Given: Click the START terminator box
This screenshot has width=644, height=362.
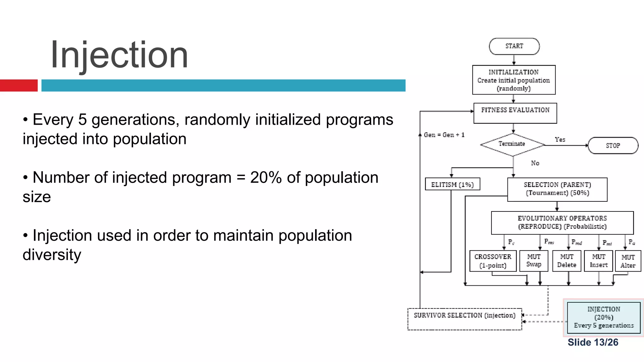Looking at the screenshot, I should click(x=514, y=47).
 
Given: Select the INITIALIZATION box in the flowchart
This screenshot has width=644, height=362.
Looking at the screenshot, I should click(x=514, y=80).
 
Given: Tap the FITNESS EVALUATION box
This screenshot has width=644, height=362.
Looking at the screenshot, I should click(x=515, y=113).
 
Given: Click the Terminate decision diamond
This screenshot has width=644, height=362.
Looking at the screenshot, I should click(x=512, y=145).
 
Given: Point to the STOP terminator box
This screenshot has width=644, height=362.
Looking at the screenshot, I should click(x=613, y=145).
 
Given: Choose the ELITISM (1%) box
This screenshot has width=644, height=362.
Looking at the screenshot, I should click(x=452, y=184).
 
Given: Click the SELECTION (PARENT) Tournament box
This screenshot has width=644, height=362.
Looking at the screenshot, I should click(x=557, y=189).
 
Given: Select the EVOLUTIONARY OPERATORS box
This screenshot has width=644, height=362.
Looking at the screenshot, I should click(x=562, y=223).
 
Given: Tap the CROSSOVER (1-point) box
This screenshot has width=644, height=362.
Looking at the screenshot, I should click(x=493, y=261).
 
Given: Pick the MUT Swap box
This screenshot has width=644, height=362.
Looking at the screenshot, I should click(x=534, y=261).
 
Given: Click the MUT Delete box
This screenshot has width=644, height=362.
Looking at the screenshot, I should click(x=567, y=261).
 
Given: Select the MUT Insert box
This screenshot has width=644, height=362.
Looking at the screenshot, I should click(x=598, y=261).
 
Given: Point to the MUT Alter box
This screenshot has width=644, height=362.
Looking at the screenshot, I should click(x=628, y=261).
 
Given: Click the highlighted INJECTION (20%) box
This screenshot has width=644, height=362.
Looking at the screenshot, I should click(x=604, y=317).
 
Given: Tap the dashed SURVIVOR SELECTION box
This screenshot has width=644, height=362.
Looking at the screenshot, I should click(x=464, y=319).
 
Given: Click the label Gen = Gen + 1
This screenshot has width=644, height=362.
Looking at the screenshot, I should click(x=444, y=135).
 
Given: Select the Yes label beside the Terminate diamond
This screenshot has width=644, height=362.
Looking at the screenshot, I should click(x=560, y=140).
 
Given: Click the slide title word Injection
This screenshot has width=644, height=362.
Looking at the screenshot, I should click(x=119, y=55).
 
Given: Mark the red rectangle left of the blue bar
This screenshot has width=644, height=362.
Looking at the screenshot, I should click(x=19, y=85).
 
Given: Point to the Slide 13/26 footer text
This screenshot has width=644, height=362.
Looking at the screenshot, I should click(x=593, y=342).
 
